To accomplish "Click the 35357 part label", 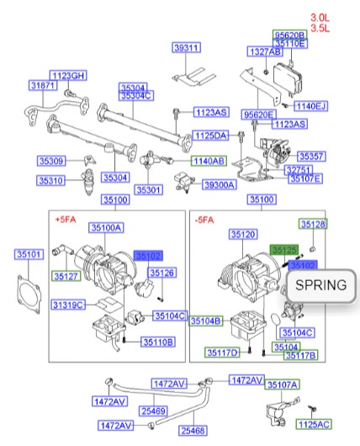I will click(x=313, y=157).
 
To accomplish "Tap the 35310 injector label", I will click(x=51, y=180).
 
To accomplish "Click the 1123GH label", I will click(x=68, y=76).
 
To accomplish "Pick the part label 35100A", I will click(x=108, y=227).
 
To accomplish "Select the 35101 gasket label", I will click(x=29, y=253).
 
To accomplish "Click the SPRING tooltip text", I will click(x=320, y=284).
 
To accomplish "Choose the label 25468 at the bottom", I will click(x=192, y=430).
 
